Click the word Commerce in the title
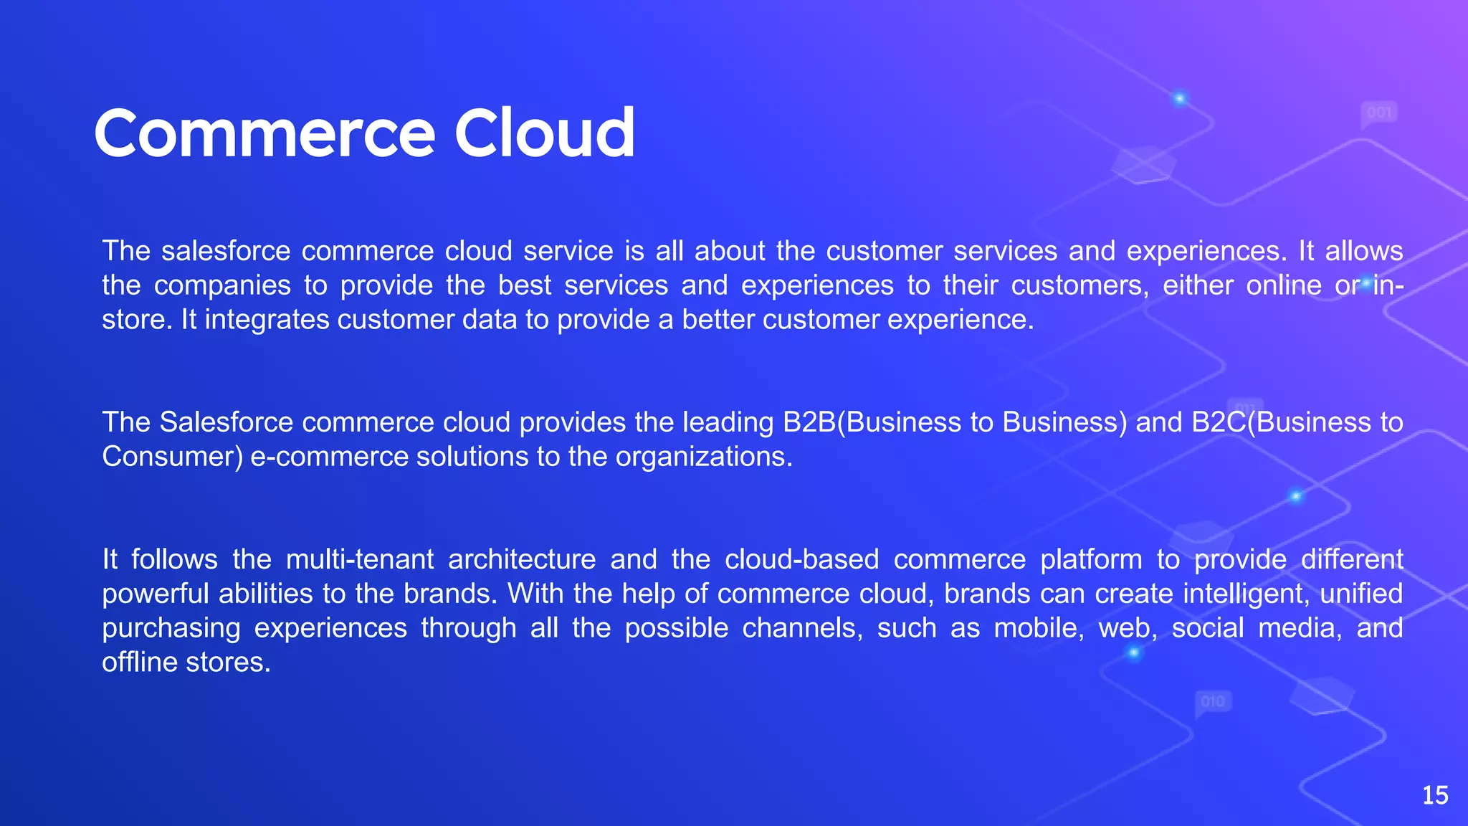point(264,133)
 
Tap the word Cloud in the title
point(544,133)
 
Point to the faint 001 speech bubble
point(1379,113)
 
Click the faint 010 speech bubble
point(1213,701)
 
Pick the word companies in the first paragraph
point(222,285)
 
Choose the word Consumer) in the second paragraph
point(172,457)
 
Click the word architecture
point(522,559)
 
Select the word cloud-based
point(801,559)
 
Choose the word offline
point(140,662)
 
